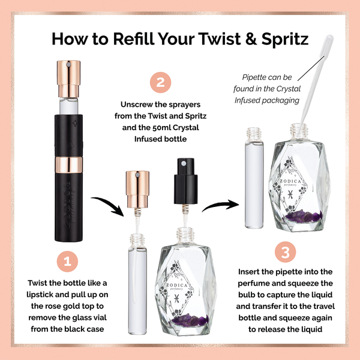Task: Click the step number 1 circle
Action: pos(68,262)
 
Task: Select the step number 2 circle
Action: pos(160,83)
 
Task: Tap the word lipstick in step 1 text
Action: pos(46,294)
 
